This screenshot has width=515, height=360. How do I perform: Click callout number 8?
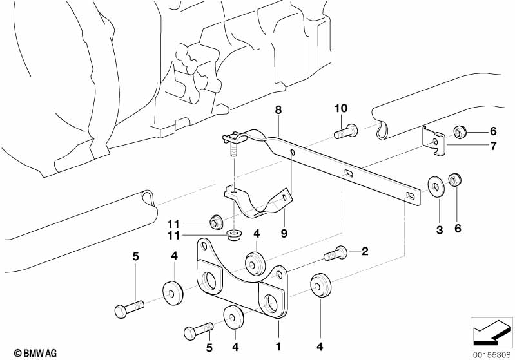278,111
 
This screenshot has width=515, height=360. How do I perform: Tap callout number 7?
492,146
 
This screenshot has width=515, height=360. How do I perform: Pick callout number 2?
364,251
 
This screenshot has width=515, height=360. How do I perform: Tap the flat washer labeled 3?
436,187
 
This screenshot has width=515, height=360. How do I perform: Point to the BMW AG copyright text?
24,352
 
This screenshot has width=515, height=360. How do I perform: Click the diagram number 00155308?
491,352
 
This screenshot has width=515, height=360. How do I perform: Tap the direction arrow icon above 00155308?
491,332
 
